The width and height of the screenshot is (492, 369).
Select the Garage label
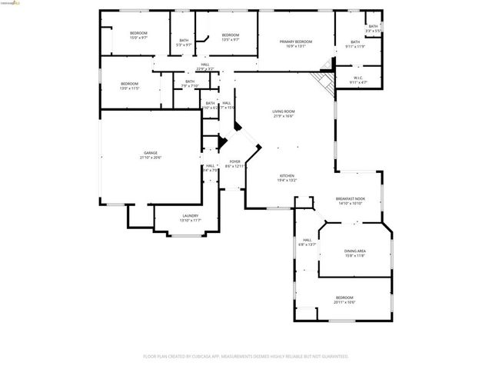(151, 155)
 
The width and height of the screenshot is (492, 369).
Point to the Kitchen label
(288, 178)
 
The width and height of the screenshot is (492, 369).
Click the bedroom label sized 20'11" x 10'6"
(344, 299)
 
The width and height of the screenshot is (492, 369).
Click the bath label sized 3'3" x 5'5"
(373, 28)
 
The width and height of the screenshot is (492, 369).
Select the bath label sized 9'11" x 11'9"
(355, 44)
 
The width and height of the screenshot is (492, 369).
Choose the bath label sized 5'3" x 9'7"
(184, 42)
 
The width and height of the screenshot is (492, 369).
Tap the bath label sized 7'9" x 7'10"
(190, 83)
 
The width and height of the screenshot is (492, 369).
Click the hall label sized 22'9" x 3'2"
(204, 67)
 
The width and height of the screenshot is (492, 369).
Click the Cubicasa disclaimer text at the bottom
(246, 356)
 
